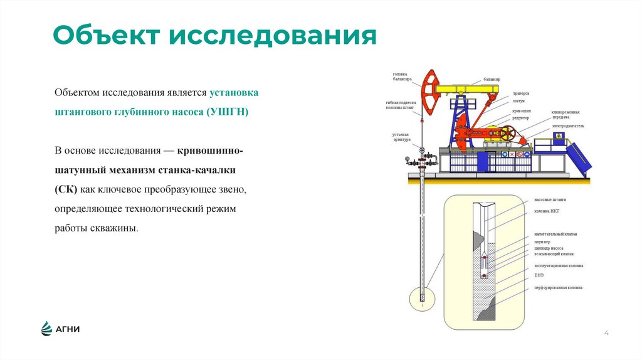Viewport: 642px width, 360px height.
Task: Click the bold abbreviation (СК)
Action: tap(65, 189)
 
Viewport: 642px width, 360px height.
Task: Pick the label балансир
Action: tap(492, 80)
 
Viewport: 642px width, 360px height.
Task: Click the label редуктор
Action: tap(521, 117)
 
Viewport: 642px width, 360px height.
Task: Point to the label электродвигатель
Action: tap(568, 125)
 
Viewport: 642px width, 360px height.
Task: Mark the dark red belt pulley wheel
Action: tap(507, 133)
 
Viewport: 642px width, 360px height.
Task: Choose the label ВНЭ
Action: tap(539, 275)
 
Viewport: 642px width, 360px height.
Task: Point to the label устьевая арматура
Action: tap(401, 137)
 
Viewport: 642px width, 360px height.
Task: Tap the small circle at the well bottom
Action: tap(422, 298)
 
